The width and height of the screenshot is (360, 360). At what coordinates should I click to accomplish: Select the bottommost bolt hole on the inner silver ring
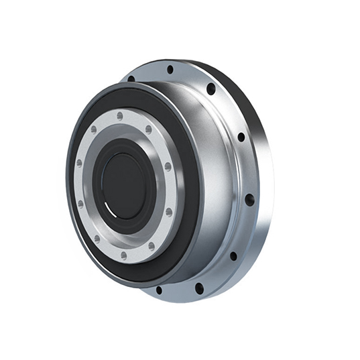click(124, 255)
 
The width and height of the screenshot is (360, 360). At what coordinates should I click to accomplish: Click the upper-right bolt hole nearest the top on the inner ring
click(149, 129)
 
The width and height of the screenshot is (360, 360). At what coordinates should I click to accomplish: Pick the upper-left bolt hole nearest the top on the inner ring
click(94, 129)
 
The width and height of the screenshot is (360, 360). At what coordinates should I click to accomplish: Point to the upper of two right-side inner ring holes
click(168, 166)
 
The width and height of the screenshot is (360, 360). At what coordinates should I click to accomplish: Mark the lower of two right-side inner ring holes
click(168, 212)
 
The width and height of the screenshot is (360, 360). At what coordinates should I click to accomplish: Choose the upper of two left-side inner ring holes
click(79, 163)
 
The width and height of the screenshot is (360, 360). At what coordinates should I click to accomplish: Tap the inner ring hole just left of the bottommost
click(97, 237)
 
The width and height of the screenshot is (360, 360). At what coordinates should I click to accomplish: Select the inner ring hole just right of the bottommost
click(152, 245)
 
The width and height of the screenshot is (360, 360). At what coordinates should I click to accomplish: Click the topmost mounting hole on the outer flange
click(170, 69)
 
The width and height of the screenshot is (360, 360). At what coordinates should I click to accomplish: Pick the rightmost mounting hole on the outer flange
click(249, 200)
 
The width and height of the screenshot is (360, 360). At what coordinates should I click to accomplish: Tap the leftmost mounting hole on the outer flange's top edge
click(131, 78)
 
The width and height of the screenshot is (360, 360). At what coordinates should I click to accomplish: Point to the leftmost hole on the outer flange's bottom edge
click(159, 290)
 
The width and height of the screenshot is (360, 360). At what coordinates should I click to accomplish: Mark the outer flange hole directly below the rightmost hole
click(233, 255)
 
